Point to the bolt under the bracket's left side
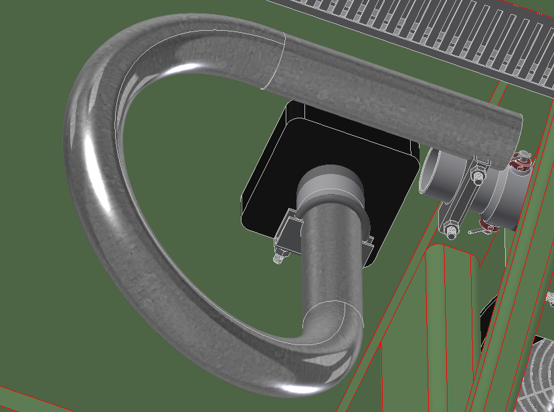[279, 255]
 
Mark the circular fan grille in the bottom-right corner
[535, 375]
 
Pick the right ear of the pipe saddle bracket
[368, 244]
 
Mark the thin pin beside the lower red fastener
[476, 231]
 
